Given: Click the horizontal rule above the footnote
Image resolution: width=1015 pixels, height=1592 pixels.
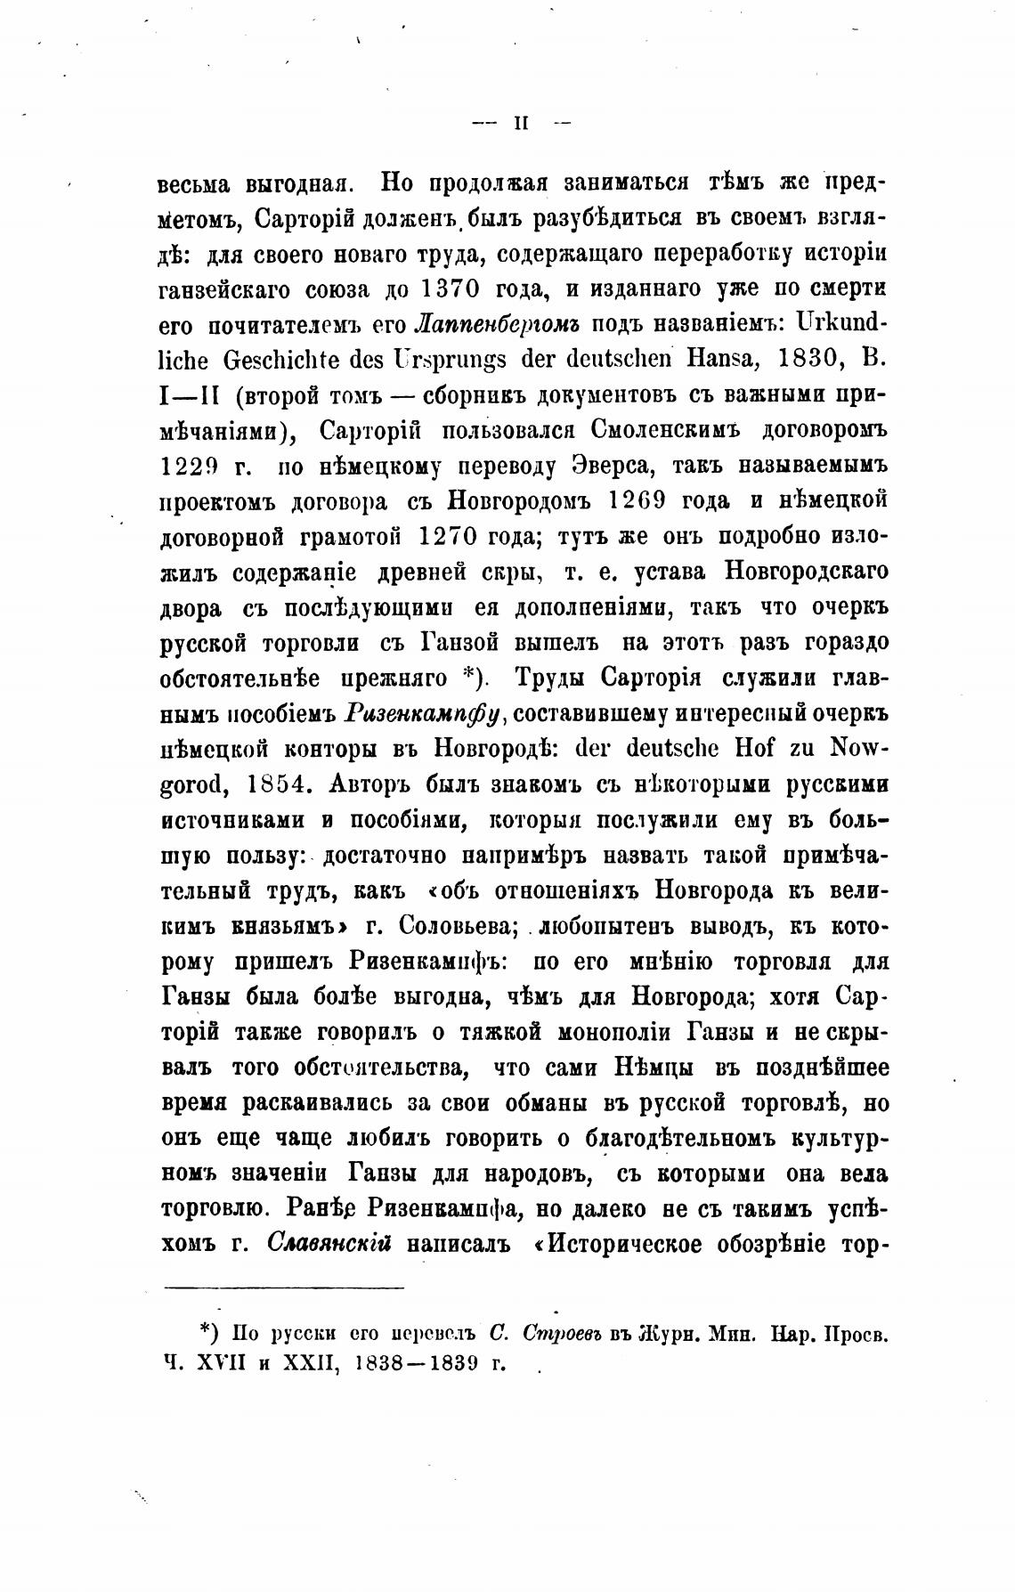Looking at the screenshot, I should click(x=283, y=1286).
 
